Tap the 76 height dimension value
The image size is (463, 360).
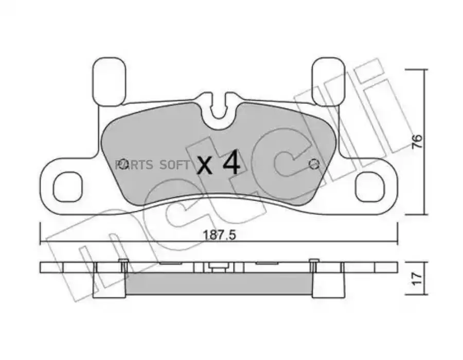pos(417,142)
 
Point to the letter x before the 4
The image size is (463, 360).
pos(205,165)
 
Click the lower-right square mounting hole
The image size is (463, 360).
pos(369,187)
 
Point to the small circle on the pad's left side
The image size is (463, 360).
pos(122,163)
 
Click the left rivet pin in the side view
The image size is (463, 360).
pos(123,265)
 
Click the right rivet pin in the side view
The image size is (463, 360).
pos(312,265)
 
